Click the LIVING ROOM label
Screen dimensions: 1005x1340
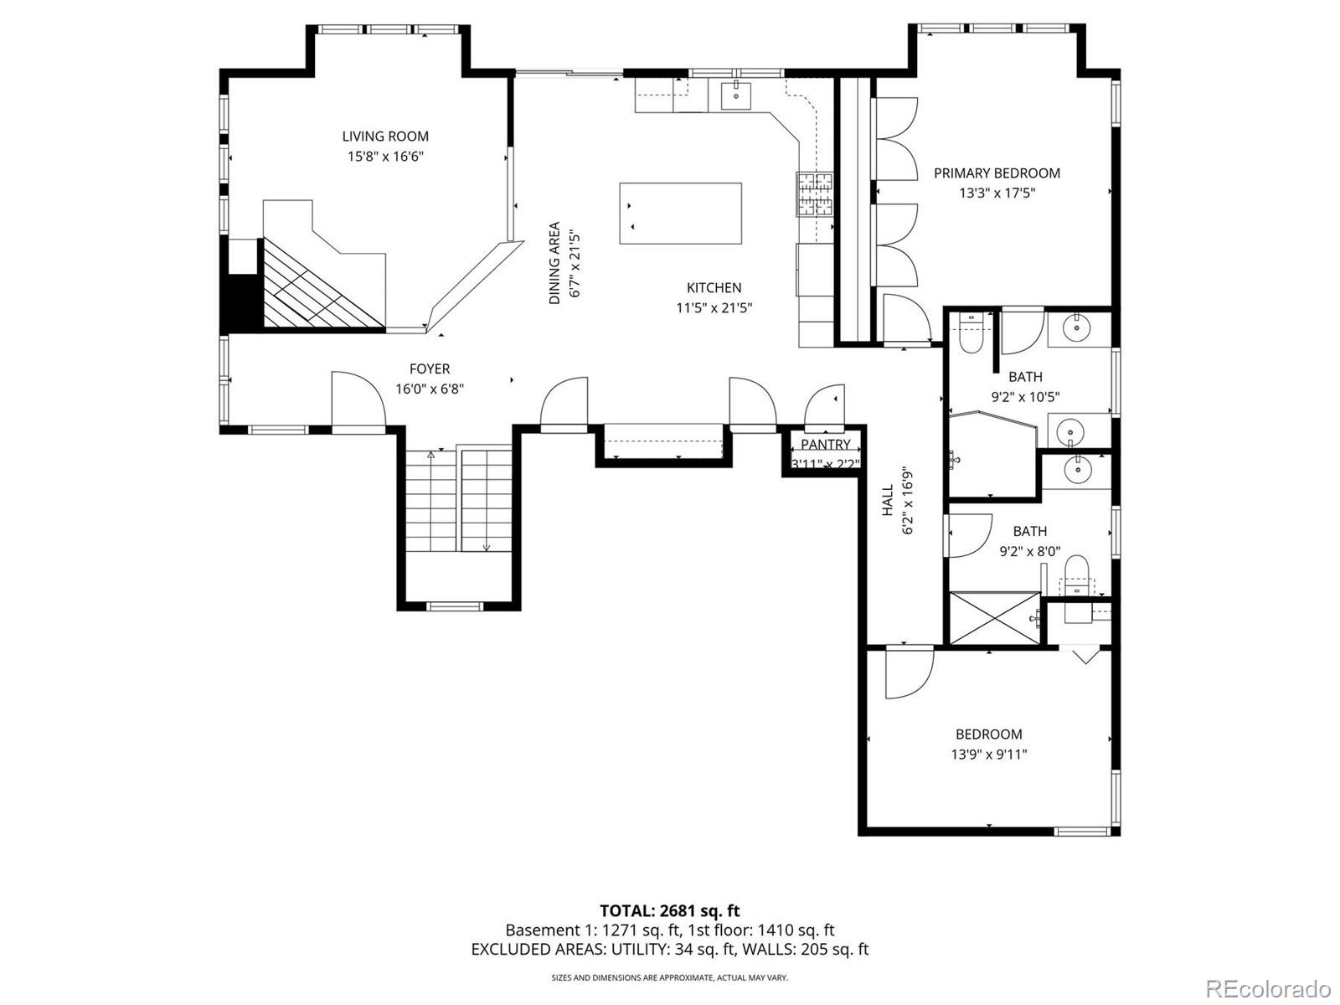click(x=385, y=137)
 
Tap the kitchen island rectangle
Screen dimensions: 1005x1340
click(x=680, y=214)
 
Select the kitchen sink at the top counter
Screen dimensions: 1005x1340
click(x=736, y=94)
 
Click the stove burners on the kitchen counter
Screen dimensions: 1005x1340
click(x=815, y=193)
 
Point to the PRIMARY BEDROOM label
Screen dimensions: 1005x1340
click(x=997, y=173)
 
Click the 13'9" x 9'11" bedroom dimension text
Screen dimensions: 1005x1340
click(x=988, y=754)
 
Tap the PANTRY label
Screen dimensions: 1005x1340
click(x=825, y=445)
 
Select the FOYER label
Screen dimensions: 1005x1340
click(x=430, y=368)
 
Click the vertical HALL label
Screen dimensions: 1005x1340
click(x=888, y=500)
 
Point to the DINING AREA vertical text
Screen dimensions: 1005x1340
click(x=554, y=263)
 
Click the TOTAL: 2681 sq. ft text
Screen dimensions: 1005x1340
click(x=669, y=910)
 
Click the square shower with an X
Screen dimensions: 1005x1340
click(x=994, y=619)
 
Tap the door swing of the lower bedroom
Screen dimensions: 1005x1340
click(x=908, y=673)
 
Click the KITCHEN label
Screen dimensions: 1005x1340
click(x=714, y=288)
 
